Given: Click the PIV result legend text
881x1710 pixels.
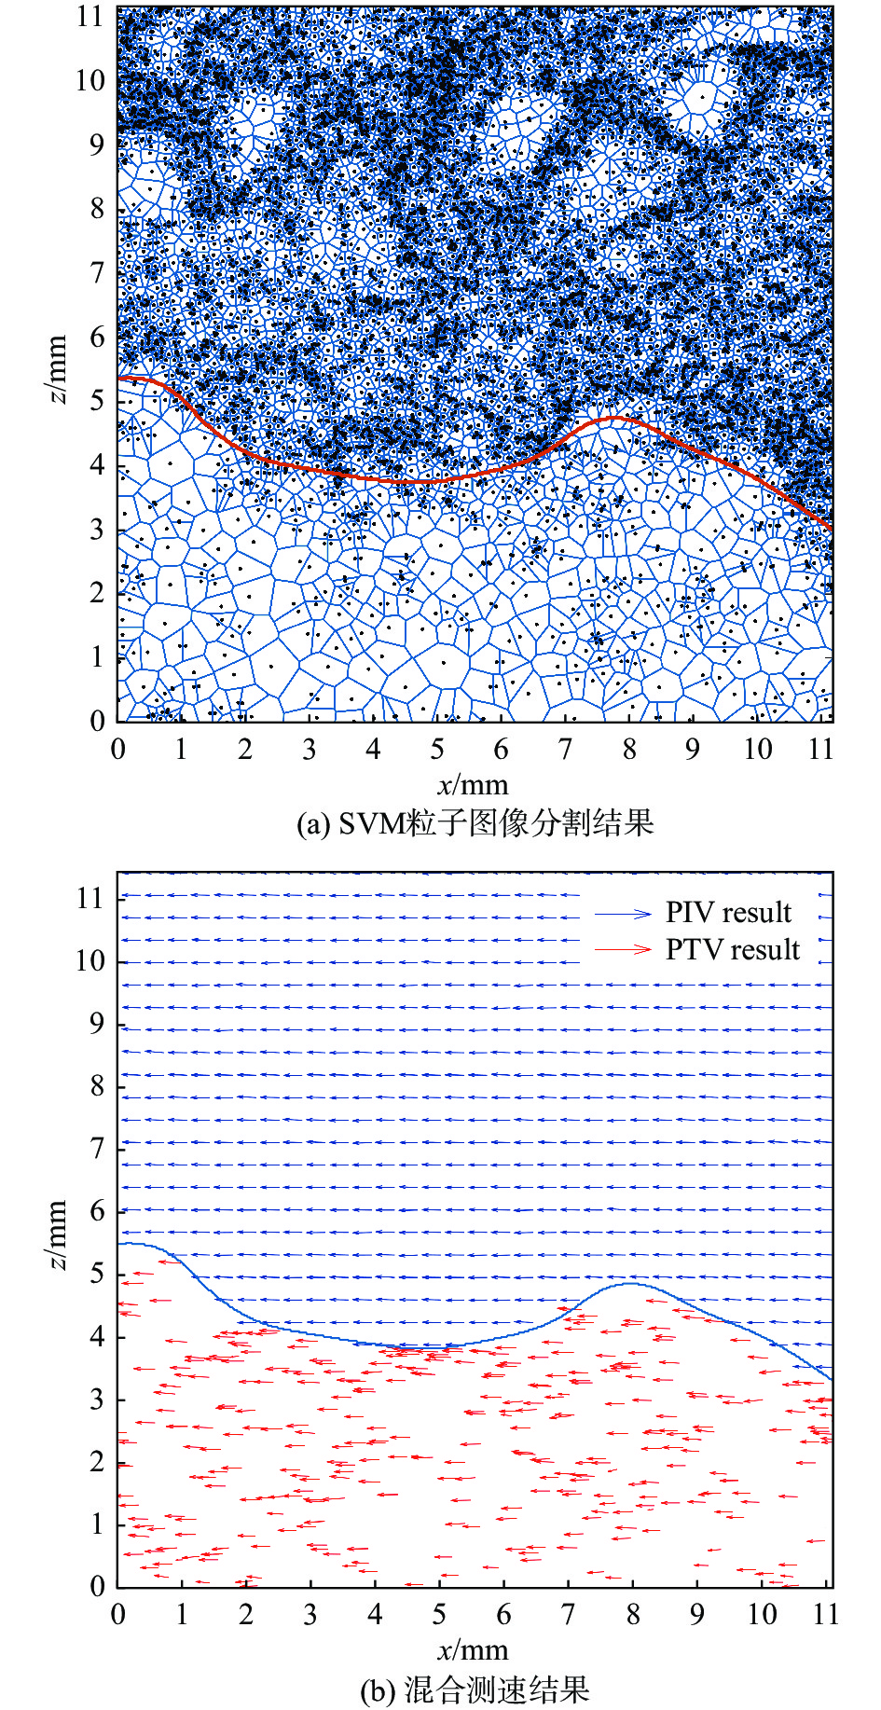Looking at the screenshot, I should tap(728, 913).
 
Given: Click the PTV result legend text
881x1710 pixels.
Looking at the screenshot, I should tap(733, 950).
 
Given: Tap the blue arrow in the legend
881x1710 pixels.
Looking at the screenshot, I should tap(624, 914).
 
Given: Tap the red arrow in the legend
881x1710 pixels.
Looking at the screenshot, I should tap(624, 950).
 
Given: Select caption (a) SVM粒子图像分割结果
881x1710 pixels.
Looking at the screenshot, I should tap(475, 823).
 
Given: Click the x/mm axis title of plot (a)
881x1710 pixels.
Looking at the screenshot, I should tap(473, 784).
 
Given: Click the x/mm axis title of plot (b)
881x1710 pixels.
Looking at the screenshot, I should tap(473, 1651).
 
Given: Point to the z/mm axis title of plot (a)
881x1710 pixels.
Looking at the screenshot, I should tap(58, 369).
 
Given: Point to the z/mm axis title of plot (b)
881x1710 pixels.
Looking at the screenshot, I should tap(58, 1235).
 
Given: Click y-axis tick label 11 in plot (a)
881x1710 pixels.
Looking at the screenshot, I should tap(90, 16).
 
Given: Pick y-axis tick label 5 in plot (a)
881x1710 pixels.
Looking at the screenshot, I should tap(97, 401).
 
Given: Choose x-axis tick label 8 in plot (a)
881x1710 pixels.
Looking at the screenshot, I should tap(629, 750).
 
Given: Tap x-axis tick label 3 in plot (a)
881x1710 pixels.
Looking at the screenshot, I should tap(310, 750).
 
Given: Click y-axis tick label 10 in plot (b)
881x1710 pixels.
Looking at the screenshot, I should tap(90, 961).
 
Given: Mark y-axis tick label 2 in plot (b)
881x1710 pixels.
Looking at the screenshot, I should tap(97, 1463).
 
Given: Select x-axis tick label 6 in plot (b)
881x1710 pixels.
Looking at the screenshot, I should tap(503, 1615).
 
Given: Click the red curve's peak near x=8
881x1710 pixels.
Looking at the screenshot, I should tap(615, 418).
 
